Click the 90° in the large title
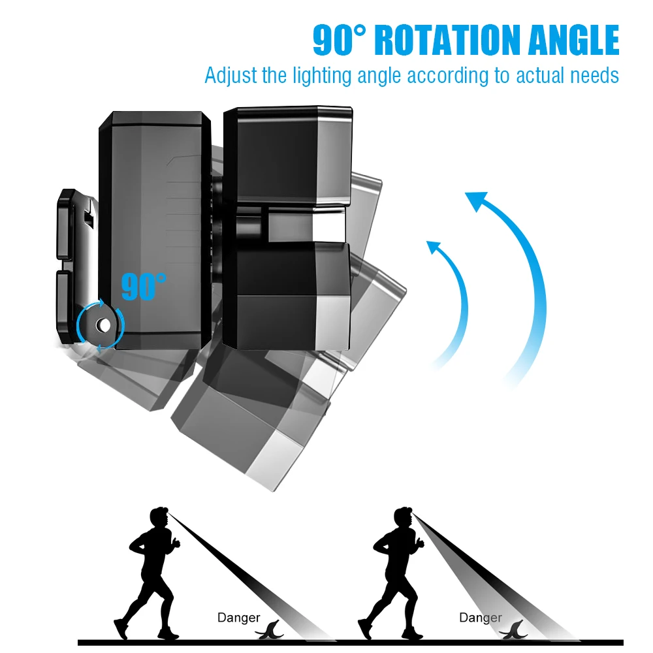click(341, 40)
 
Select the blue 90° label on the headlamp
click(144, 287)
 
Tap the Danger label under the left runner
click(238, 617)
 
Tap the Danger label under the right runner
click(480, 617)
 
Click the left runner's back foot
click(120, 629)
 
